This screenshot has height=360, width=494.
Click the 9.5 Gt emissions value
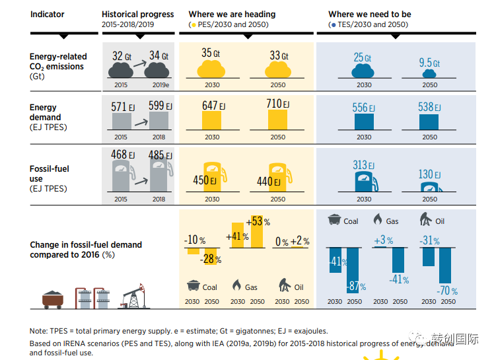[x=429, y=63]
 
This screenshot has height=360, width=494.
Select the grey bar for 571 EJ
[x=121, y=121]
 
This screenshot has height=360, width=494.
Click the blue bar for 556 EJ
[x=364, y=122]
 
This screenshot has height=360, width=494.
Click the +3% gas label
[x=382, y=240]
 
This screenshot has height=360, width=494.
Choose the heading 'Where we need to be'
[x=369, y=14]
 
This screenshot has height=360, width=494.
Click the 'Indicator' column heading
[x=47, y=14]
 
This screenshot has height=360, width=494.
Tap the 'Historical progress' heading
[x=137, y=14]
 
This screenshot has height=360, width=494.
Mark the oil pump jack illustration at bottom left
[x=132, y=295]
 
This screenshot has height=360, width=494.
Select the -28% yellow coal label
[x=212, y=260]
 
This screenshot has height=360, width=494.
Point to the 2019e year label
[x=159, y=85]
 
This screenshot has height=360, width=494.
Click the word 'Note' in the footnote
[x=38, y=331]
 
